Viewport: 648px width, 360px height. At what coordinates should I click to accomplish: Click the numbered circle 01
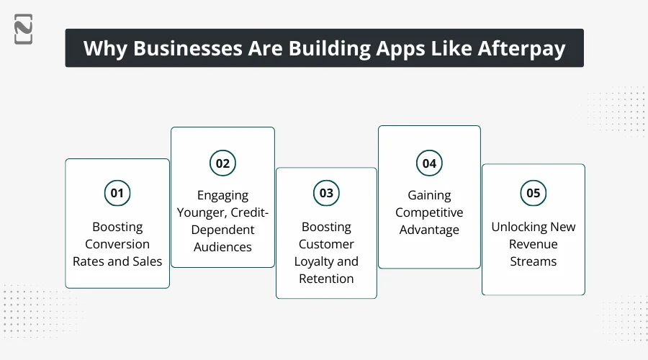(117, 193)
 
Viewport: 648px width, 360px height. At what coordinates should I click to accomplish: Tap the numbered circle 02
(222, 163)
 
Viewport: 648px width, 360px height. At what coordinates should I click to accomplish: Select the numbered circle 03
(326, 193)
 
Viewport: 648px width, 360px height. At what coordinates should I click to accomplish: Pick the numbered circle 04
(429, 163)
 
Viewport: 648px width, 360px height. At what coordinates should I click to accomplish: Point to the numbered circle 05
(533, 193)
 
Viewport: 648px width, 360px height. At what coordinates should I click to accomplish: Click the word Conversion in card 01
(117, 244)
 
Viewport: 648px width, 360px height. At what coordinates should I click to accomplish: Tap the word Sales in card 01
(146, 261)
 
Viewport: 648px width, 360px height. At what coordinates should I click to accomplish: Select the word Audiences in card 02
(222, 247)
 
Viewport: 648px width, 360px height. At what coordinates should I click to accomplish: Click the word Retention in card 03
(326, 279)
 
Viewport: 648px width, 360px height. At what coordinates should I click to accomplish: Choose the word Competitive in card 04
(429, 212)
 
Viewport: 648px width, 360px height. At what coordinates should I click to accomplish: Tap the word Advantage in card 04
(429, 230)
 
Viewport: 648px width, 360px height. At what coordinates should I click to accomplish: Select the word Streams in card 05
(533, 261)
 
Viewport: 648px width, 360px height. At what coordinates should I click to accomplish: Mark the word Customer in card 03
(326, 244)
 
